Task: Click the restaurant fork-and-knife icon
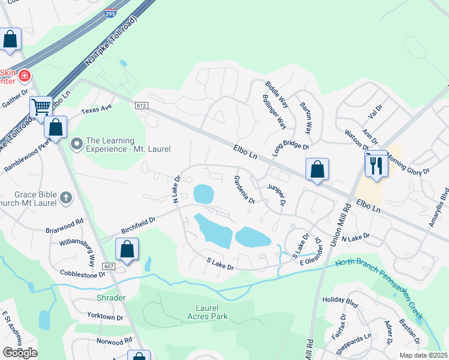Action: click(376, 165)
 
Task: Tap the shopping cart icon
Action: click(41, 107)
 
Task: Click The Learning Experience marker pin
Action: click(76, 144)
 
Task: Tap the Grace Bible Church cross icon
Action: click(66, 196)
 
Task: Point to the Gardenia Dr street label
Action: click(244, 190)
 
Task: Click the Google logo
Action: click(20, 353)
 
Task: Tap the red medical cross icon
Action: click(24, 76)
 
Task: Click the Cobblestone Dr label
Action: click(82, 273)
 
